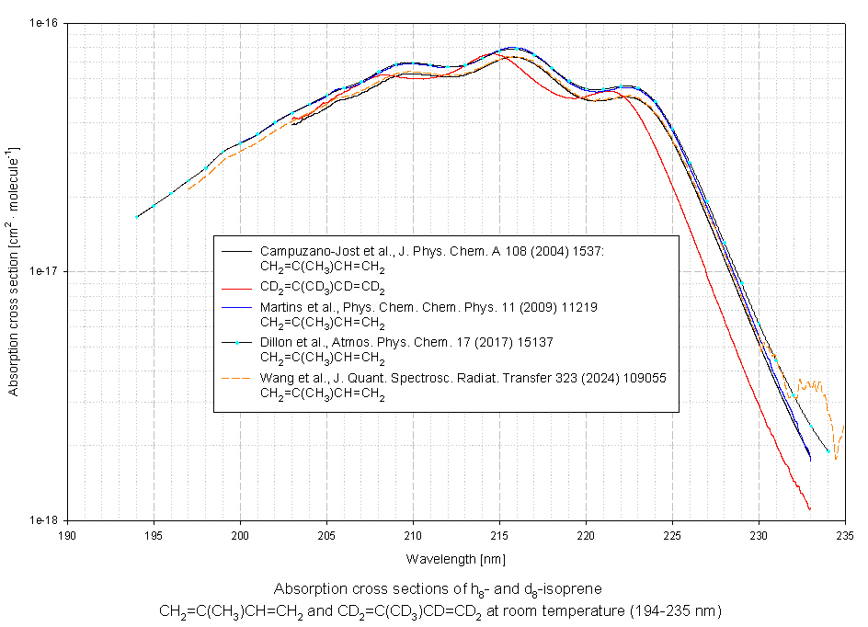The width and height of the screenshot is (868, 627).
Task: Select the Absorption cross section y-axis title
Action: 13,271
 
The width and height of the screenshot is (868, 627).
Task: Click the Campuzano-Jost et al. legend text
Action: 431,251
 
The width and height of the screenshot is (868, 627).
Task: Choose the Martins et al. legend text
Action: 428,307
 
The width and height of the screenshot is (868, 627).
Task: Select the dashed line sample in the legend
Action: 236,378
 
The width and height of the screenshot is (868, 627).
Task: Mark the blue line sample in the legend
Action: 236,307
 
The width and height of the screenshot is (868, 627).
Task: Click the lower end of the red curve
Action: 809,508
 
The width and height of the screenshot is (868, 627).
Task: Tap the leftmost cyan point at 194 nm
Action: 137,217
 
